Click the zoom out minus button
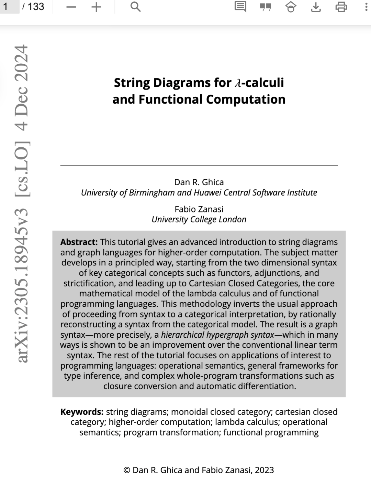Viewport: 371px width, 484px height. (x=71, y=7)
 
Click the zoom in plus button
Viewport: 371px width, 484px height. (x=97, y=7)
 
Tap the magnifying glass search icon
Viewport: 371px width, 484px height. (x=135, y=7)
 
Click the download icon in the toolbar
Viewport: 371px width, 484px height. (x=316, y=7)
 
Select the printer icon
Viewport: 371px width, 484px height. (x=341, y=7)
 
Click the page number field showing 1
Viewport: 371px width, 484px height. (x=10, y=7)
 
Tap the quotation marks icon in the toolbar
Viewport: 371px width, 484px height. (x=266, y=7)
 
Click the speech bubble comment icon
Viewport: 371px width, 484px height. (x=240, y=7)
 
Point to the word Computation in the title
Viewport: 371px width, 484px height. (x=246, y=99)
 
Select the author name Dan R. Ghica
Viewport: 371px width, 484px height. (x=199, y=182)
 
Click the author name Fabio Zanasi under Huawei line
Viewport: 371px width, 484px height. (x=199, y=209)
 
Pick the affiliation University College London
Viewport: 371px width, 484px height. (x=199, y=219)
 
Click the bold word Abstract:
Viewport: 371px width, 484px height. (x=79, y=242)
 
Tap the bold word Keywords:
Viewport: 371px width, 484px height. (x=82, y=412)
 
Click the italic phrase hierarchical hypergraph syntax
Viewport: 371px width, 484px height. (x=217, y=335)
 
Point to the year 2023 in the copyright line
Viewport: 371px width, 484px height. (x=264, y=470)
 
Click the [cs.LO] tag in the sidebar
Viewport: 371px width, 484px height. (x=22, y=168)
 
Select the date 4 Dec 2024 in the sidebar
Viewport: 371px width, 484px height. (x=22, y=88)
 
